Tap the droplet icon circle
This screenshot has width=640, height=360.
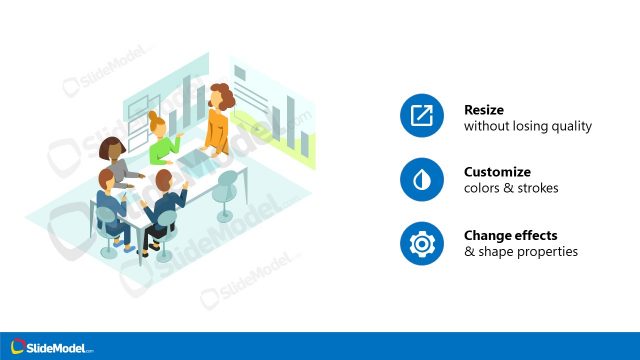421,180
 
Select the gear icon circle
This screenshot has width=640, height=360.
421,243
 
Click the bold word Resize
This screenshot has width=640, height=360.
484,110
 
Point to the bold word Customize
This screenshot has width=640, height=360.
497,172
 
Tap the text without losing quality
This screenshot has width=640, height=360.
528,127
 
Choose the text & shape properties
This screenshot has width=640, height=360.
521,252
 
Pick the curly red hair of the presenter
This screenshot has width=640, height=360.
222,96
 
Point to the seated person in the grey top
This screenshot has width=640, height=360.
118,165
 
